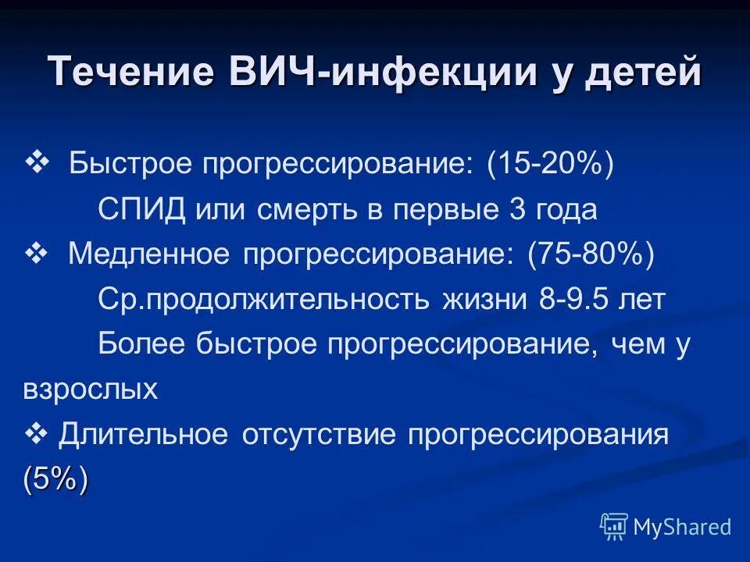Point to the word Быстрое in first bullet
[127, 165]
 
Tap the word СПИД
[142, 210]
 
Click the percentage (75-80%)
[591, 254]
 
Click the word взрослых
[91, 389]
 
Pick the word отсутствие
[323, 435]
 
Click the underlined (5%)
[55, 478]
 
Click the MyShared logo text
[681, 527]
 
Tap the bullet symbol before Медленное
[37, 253]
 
